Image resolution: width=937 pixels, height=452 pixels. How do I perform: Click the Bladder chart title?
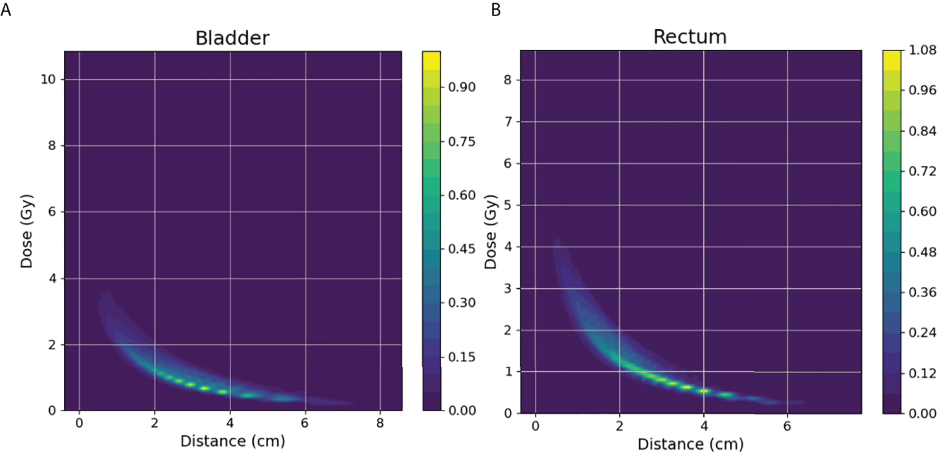point(232,38)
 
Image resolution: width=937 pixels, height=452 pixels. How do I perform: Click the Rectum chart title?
point(690,37)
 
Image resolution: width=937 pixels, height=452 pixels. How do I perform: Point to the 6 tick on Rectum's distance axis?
point(787,425)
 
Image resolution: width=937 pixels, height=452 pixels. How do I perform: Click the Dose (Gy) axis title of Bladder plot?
point(26,231)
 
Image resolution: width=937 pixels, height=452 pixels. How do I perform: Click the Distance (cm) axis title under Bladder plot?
point(231,440)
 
